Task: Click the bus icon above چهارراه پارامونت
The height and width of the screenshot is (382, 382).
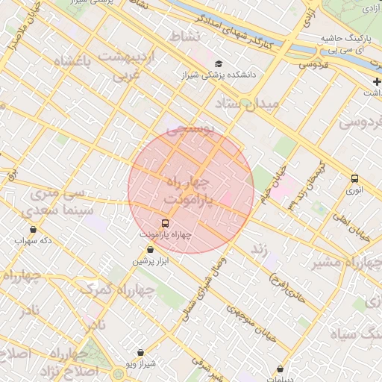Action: point(165,222)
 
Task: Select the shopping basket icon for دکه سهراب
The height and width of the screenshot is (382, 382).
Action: point(32,230)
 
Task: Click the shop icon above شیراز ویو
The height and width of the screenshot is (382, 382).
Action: point(140,352)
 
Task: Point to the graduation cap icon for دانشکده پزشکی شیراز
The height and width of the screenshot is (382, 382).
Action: point(219,64)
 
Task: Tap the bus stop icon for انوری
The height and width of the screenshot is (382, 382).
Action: point(354,178)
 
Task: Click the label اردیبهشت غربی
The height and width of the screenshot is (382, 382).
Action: point(131,65)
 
